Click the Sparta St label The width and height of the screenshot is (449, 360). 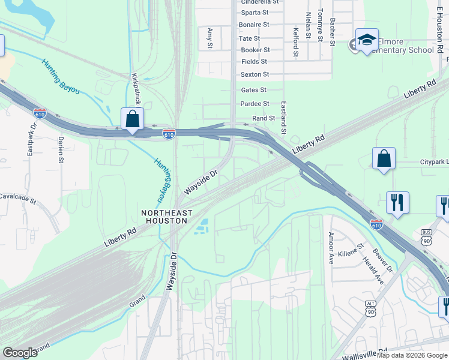pyautogui.click(x=255, y=13)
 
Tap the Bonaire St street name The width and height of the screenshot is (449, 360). pyautogui.click(x=254, y=25)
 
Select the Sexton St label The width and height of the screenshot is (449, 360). pyautogui.click(x=255, y=74)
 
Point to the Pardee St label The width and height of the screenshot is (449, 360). pyautogui.click(x=255, y=104)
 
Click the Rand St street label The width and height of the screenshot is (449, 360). pyautogui.click(x=264, y=119)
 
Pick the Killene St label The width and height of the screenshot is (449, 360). pyautogui.click(x=351, y=250)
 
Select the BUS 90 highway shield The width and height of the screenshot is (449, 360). pyautogui.click(x=427, y=235)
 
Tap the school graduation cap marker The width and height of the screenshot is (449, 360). pyautogui.click(x=367, y=40)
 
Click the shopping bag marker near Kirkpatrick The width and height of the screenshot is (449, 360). pyautogui.click(x=132, y=119)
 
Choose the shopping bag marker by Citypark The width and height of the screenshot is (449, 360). pyautogui.click(x=384, y=159)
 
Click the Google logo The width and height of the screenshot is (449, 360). pyautogui.click(x=20, y=353)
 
